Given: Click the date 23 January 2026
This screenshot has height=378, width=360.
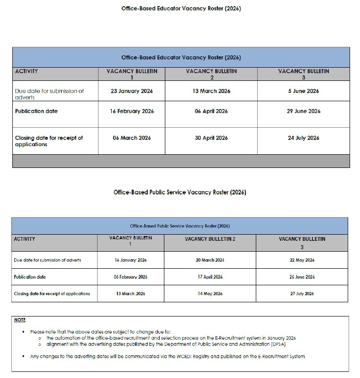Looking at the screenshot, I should coord(132,91).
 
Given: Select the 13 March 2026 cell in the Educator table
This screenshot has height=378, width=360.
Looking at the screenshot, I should coord(211,91).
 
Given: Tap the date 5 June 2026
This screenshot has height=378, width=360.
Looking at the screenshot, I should coord(304,91).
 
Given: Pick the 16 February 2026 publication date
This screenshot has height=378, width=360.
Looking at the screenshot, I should coord(132,111).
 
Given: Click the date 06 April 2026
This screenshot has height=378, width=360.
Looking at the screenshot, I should coord(211,111).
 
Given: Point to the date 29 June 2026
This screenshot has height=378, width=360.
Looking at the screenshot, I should coord(304,111).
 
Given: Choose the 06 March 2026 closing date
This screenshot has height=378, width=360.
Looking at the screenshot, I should coord(132,138).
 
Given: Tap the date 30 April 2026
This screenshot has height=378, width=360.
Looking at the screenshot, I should coord(211,138).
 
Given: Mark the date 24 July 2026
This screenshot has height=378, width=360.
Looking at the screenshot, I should coord(304,138).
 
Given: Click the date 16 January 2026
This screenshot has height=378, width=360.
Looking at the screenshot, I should coord(131,260).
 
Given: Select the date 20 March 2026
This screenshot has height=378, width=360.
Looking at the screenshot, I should coord(210,260).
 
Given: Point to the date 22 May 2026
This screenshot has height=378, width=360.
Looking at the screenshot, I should coord(302,260).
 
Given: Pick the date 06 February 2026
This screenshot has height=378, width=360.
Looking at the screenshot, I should coord(131,277).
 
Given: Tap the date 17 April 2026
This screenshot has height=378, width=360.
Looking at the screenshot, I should coord(210,277).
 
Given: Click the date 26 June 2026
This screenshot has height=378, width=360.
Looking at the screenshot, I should coord(302,277).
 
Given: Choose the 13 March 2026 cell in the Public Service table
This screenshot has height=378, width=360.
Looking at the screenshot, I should coord(131,294).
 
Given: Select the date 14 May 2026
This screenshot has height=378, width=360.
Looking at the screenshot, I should coord(210,294).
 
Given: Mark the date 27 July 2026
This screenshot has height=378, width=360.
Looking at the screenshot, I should coord(302,294).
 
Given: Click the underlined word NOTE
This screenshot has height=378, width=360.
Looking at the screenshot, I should coord(20,320).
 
